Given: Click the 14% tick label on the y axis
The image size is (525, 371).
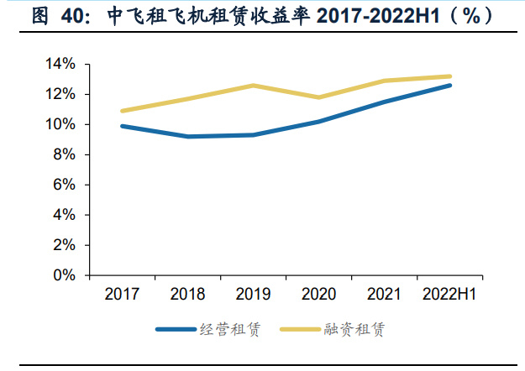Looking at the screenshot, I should (x=64, y=65).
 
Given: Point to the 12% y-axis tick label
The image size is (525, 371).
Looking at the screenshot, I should (x=64, y=95).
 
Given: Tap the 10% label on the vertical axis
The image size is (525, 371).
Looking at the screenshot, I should (x=64, y=125).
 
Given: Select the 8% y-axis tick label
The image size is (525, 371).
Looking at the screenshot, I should (x=67, y=155).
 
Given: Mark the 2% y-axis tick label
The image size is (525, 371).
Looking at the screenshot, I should (x=67, y=245).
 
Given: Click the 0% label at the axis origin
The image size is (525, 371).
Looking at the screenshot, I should (x=67, y=275).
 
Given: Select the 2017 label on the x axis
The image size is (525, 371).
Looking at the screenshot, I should (x=122, y=295).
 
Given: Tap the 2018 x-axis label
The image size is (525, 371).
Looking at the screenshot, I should (x=187, y=295).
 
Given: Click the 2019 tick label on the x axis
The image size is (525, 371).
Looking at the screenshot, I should (x=253, y=295).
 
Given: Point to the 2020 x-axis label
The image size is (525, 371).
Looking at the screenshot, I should (x=318, y=295).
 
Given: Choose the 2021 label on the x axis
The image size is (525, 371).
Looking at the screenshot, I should (x=384, y=295).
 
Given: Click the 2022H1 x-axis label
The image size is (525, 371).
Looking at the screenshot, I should (x=449, y=295).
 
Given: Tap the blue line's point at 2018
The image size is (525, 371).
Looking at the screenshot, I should (x=187, y=137).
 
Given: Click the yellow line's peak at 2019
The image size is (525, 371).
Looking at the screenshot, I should (x=253, y=86).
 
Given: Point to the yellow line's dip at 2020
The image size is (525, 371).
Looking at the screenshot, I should (x=318, y=97).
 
